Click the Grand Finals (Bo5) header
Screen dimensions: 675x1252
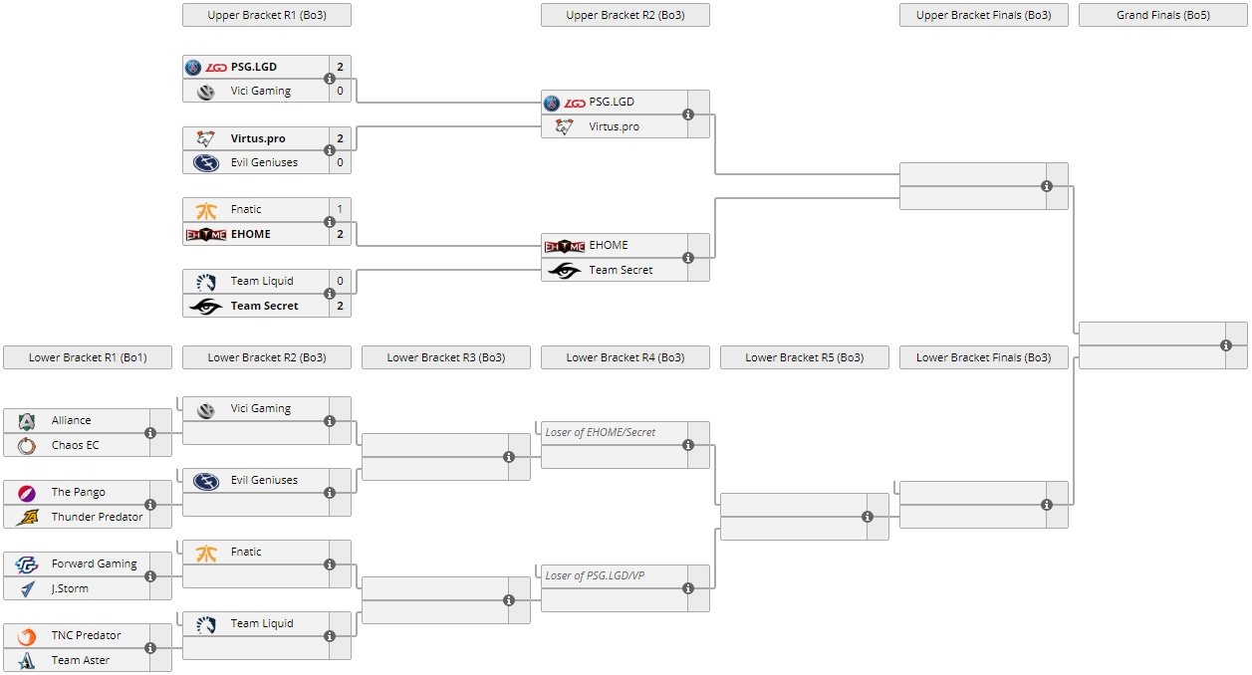point(1162,15)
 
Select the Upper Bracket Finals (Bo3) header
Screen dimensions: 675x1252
point(983,15)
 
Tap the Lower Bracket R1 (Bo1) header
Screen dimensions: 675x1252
point(88,357)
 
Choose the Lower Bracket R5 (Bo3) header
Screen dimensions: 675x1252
point(804,357)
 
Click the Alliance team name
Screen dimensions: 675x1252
point(71,421)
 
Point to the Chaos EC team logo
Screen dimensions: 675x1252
point(27,445)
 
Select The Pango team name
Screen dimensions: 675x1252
point(78,493)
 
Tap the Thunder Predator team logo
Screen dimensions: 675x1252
point(27,517)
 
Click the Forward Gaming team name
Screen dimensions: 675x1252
point(94,564)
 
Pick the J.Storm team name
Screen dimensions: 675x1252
point(70,588)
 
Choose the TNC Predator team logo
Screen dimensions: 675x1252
point(27,636)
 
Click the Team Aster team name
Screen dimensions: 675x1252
point(80,660)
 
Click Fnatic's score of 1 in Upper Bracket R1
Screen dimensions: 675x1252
point(340,209)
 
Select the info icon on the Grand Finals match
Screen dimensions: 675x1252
point(1226,344)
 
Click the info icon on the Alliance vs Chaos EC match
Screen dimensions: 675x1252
point(150,433)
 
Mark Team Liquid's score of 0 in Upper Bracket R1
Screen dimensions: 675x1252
point(340,281)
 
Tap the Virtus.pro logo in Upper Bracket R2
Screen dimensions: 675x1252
point(565,126)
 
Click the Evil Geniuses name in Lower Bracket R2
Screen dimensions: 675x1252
point(264,480)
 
